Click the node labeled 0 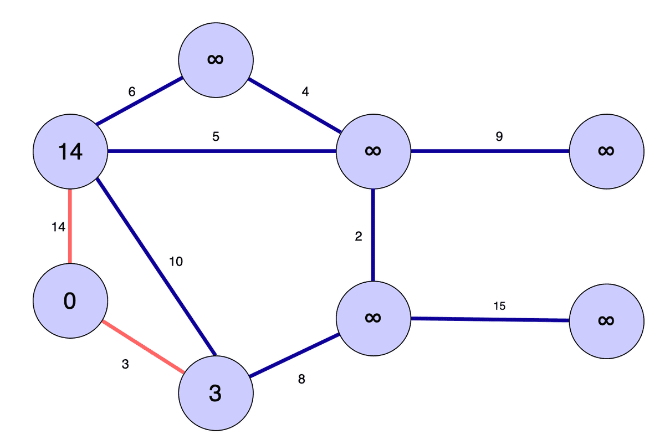coord(70,301)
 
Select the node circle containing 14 coord(70,151)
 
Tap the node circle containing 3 coord(216,393)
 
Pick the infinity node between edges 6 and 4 coord(216,59)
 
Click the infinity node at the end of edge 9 coord(606,151)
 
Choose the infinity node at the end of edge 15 coord(606,320)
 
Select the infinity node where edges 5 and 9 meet coord(374,151)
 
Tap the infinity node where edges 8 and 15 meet coord(374,318)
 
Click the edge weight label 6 coord(131,92)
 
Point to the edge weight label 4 coord(305,92)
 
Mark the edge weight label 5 coord(216,136)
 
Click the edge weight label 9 coord(499,136)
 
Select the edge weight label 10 coord(176,262)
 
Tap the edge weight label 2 coord(359,237)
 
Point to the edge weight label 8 coord(301,380)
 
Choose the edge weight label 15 coord(499,305)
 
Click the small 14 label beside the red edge coord(58,226)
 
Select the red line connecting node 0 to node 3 coord(143,347)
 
